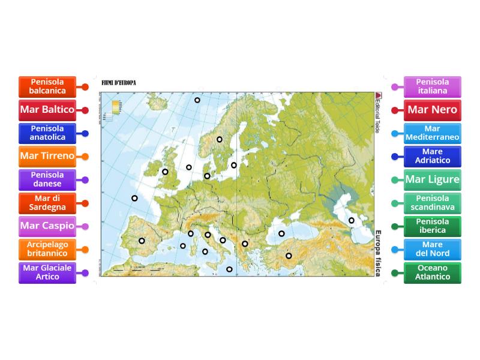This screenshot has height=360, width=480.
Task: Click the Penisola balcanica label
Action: click(x=47, y=87)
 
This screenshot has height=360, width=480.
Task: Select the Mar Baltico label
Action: click(x=47, y=110)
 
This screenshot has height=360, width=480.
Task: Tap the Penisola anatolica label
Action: click(x=47, y=133)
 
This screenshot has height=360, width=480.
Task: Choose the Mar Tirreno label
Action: click(x=47, y=156)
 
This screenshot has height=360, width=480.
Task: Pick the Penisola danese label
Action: click(x=47, y=179)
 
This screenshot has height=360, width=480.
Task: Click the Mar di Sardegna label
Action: click(x=47, y=203)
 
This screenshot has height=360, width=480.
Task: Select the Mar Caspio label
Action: click(x=47, y=226)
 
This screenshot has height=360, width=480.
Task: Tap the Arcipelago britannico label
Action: click(x=47, y=249)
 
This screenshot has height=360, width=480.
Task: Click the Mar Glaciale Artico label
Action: click(x=47, y=272)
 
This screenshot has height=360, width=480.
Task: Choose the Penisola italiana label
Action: click(x=433, y=86)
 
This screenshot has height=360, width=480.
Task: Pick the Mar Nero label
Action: click(x=433, y=110)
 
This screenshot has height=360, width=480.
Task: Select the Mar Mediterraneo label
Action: click(x=433, y=133)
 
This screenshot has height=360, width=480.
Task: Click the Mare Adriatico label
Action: click(x=433, y=156)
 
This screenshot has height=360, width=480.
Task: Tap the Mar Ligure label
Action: click(x=433, y=179)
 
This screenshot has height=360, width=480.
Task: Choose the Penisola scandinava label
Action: click(x=433, y=203)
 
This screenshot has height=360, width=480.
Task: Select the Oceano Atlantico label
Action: click(x=433, y=272)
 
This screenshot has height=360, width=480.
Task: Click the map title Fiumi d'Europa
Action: click(x=119, y=83)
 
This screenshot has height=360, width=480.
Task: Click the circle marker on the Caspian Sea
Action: click(x=352, y=220)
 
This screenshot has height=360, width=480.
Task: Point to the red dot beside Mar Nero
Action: click(x=395, y=110)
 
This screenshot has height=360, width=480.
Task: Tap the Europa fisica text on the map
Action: click(x=378, y=253)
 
